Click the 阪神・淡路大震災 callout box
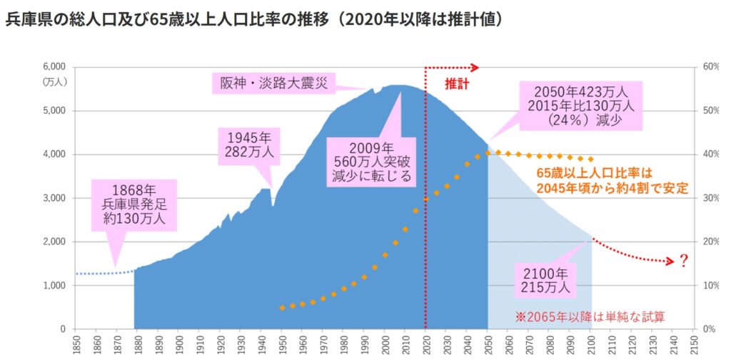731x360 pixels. coord(273,84)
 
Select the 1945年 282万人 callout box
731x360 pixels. coord(245,144)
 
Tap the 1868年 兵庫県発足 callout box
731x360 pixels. coord(134,204)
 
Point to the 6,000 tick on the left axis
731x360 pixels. coord(55,66)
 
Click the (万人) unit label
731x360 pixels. coord(55,81)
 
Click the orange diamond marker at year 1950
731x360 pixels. coord(282,307)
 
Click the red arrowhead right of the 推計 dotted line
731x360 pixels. coord(474,68)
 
